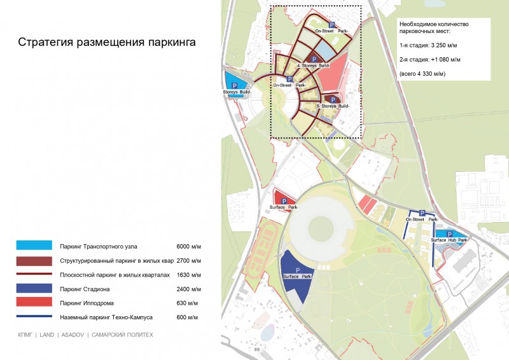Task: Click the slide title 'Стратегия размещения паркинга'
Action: pos(107,43)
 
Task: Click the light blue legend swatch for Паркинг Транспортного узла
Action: pos(35,246)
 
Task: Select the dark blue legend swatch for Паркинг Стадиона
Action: pos(35,289)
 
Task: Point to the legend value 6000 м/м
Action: pos(189,246)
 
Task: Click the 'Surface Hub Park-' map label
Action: pos(449,240)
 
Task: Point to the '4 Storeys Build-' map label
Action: pos(314,66)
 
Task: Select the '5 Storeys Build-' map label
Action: pos(333,105)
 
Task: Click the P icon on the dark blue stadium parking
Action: pos(298,270)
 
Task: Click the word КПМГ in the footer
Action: pos(25,335)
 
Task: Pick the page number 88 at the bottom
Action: pos(258,350)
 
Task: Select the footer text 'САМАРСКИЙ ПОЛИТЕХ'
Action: pos(122,335)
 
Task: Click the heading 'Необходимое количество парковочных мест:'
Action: pos(434,27)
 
